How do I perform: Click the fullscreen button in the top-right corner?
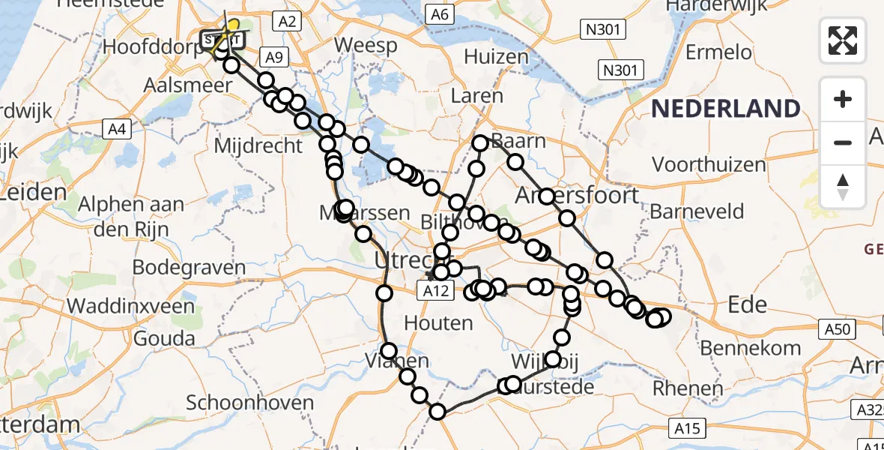(x=843, y=40)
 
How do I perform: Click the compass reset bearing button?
(x=843, y=186)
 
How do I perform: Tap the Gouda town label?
(x=165, y=337)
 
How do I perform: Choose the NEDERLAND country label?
(x=725, y=109)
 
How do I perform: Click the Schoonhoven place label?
(x=249, y=403)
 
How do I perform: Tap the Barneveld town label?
(x=697, y=211)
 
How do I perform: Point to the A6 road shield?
(x=440, y=14)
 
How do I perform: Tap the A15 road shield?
(x=685, y=428)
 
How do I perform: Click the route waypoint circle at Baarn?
(x=480, y=142)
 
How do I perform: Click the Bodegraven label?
(x=189, y=268)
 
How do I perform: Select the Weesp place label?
(x=366, y=45)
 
